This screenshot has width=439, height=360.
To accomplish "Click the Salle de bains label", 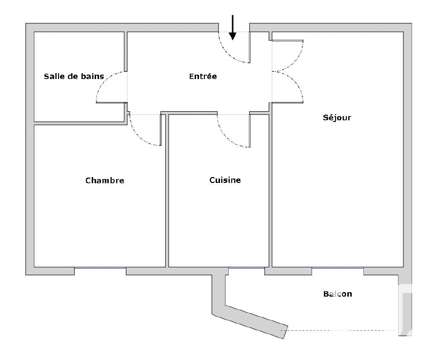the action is pos(74,77).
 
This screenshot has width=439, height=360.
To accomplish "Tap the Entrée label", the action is pos(203,76).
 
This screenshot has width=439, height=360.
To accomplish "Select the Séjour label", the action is pos(337,117).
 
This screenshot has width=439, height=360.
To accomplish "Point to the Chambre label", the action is pos(105,180).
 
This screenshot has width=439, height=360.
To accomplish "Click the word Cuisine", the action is pos(225,180).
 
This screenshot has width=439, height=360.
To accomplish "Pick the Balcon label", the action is pos(338,294).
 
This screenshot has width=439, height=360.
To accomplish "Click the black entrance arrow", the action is pos(232,27).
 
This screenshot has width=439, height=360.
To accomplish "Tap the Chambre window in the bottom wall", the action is pos(100,268).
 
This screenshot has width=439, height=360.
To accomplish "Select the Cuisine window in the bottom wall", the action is pos(246,268).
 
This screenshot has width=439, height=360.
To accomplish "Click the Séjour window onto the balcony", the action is pos(338,268).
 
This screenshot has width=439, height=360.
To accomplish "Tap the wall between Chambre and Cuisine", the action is pos(167,191).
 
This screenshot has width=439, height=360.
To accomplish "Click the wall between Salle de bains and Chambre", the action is pos(80,123).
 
